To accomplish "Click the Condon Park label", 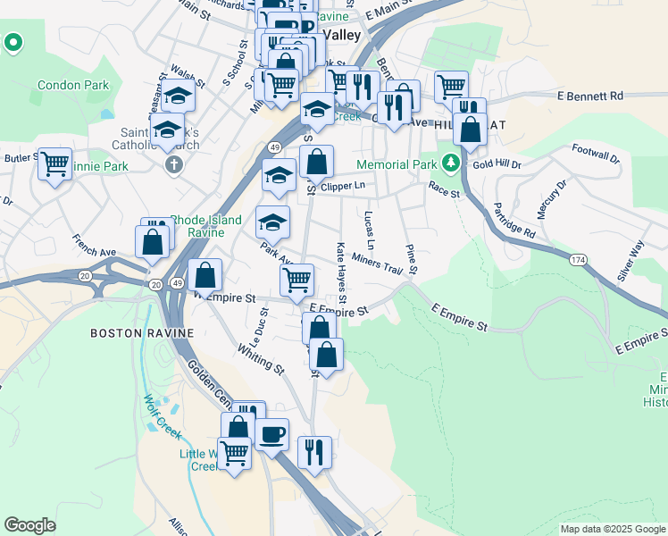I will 73,86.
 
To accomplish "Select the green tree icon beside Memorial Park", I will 452,163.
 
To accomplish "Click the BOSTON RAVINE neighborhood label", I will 142,333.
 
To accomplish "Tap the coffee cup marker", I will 271,434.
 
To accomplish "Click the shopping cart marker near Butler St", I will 55,163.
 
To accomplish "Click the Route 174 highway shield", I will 577,259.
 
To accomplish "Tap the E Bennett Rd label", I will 589,96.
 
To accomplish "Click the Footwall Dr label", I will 595,154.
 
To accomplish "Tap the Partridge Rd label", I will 517,220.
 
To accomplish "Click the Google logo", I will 30,524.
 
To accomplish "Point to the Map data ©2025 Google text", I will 613,529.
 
